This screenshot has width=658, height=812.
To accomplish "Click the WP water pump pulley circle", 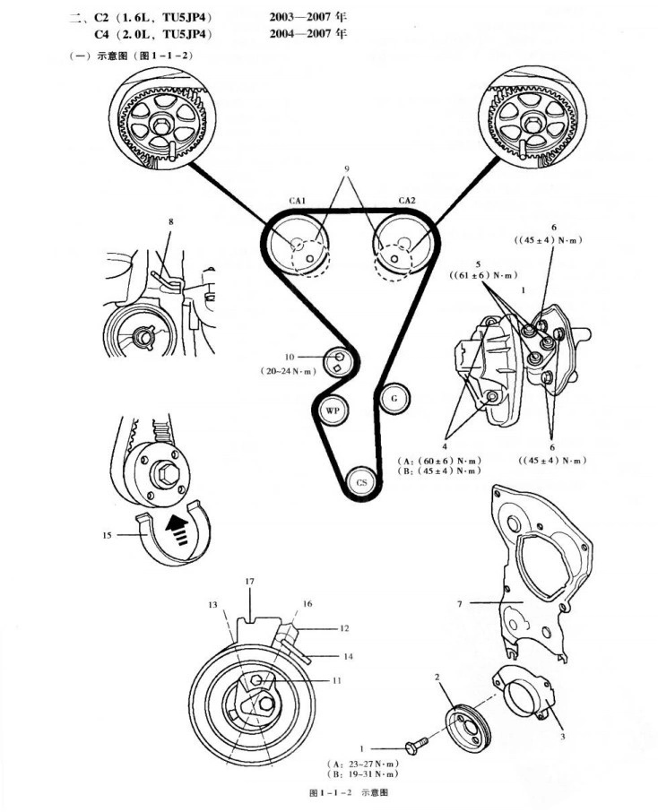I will pyautogui.click(x=333, y=410).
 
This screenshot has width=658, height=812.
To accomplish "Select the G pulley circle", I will pyautogui.click(x=394, y=397).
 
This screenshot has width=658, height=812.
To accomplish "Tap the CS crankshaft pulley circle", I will pyautogui.click(x=361, y=481).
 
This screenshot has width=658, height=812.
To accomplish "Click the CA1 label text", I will pyautogui.click(x=296, y=202).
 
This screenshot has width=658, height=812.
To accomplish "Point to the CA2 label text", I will pyautogui.click(x=405, y=201).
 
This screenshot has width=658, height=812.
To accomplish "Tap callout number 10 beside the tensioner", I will pyautogui.click(x=290, y=356).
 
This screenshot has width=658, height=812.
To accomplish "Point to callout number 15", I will pyautogui.click(x=108, y=536).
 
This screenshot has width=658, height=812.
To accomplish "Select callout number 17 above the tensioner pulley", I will pyautogui.click(x=250, y=582).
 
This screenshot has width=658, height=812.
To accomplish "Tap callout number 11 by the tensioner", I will pyautogui.click(x=337, y=681).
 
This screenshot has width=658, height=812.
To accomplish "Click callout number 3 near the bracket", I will pyautogui.click(x=561, y=736).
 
